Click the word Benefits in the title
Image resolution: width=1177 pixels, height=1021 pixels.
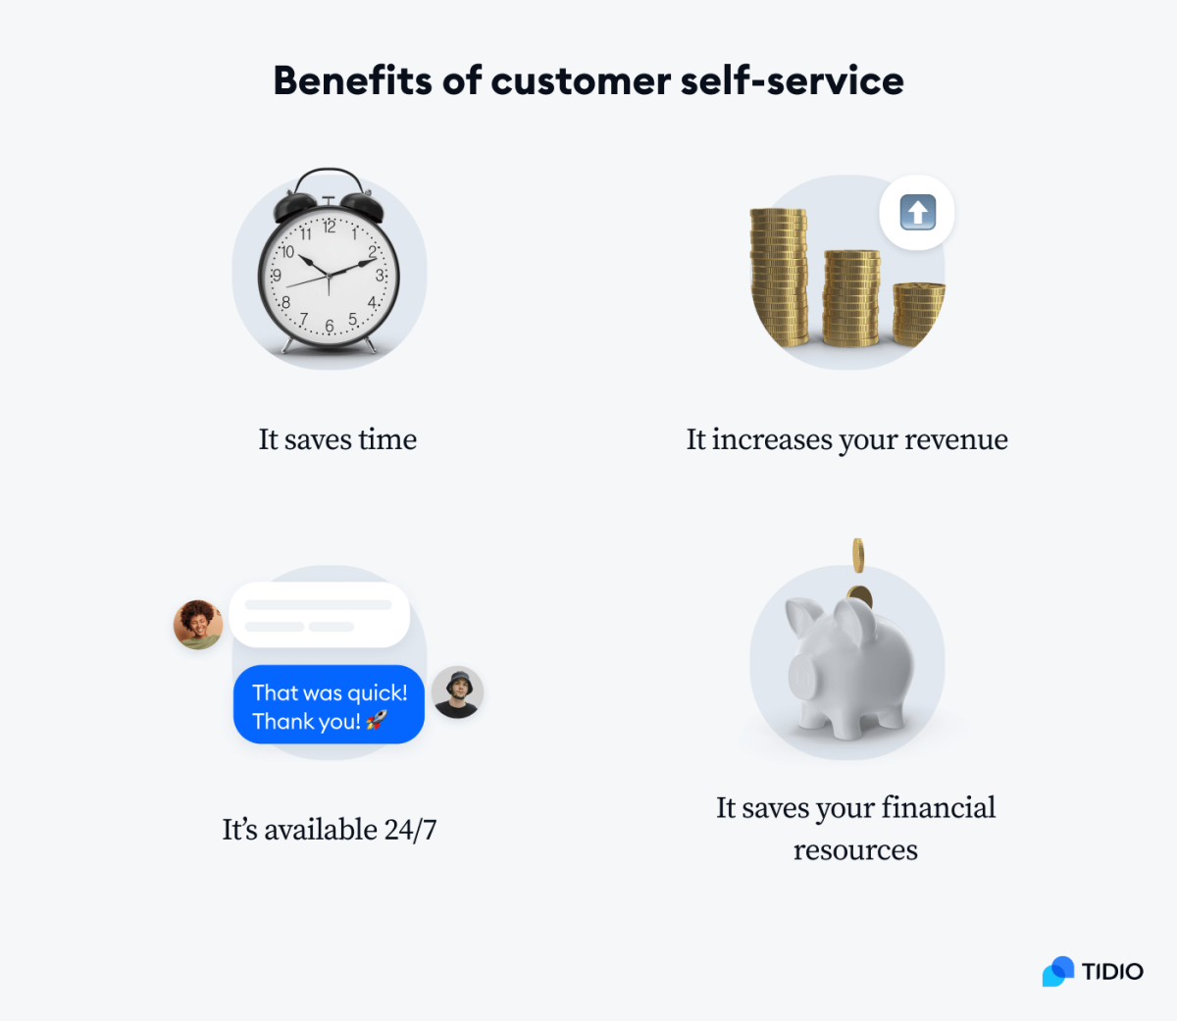(352, 80)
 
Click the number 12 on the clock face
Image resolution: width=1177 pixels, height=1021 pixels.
(330, 227)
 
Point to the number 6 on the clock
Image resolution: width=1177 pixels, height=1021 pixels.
(330, 326)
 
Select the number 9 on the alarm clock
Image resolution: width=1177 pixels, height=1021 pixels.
(278, 276)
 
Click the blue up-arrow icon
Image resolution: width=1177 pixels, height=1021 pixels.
(917, 213)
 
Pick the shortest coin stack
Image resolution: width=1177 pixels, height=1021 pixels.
(919, 312)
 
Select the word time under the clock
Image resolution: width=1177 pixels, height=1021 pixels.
(387, 439)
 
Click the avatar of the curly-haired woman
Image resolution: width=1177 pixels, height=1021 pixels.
(198, 625)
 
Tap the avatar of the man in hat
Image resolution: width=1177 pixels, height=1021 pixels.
(457, 692)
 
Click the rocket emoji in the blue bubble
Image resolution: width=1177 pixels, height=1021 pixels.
(377, 721)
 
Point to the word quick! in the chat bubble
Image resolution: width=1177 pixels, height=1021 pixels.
(378, 692)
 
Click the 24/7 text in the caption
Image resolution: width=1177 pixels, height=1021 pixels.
(410, 830)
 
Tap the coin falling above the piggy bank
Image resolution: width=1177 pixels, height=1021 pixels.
(858, 554)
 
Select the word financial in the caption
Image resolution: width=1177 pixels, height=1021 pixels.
(938, 807)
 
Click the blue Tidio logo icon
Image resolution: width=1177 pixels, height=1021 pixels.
(1058, 971)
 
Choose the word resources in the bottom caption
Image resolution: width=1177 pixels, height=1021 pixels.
(855, 849)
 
